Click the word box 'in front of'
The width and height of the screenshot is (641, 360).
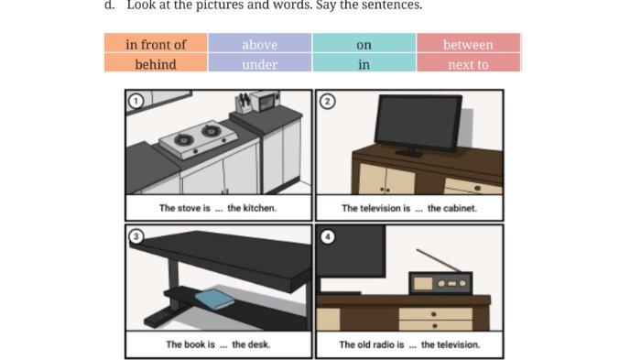click(x=156, y=44)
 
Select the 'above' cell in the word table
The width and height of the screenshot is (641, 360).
click(x=259, y=44)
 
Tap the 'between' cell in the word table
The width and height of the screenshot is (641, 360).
click(x=468, y=44)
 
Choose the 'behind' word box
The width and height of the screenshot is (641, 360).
click(x=156, y=64)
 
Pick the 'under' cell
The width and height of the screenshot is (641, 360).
click(x=259, y=64)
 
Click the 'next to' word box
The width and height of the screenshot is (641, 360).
click(x=468, y=64)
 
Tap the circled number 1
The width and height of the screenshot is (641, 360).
click(x=136, y=101)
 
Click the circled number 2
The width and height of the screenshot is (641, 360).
click(x=327, y=101)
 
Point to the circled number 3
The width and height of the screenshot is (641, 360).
click(x=136, y=236)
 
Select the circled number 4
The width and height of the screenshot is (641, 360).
click(x=327, y=236)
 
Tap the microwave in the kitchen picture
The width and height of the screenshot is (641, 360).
click(x=266, y=100)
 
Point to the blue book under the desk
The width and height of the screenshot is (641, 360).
click(x=214, y=299)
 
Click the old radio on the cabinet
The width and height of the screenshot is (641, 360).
click(x=441, y=283)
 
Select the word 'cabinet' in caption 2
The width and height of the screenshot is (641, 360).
click(x=460, y=208)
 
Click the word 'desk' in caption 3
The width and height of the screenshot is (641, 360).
click(x=259, y=344)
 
